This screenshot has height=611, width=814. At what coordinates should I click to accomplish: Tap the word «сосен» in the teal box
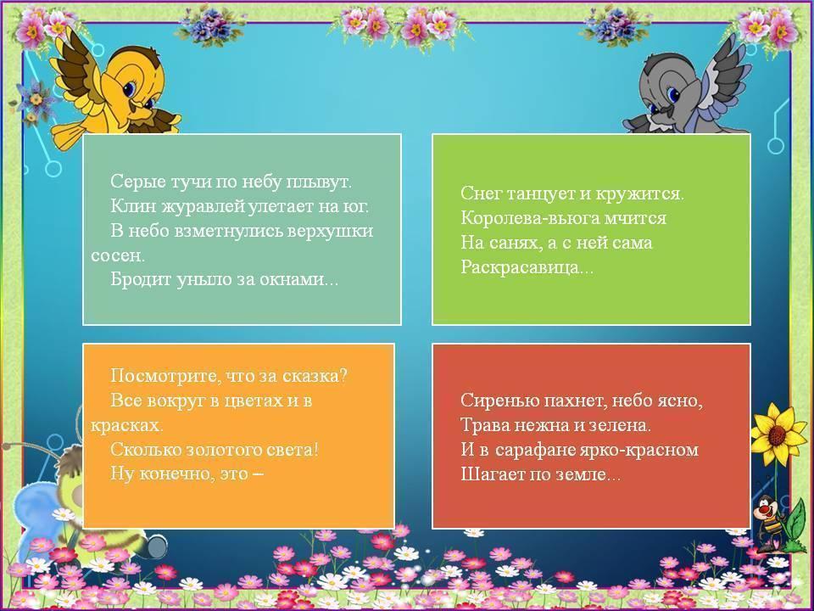pos(116,255)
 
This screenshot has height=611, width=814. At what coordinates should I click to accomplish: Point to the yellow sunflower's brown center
pos(777,435)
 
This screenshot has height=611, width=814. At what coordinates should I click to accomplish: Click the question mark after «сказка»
pos(342,375)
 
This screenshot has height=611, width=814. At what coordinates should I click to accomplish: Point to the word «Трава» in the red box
pos(484,425)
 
